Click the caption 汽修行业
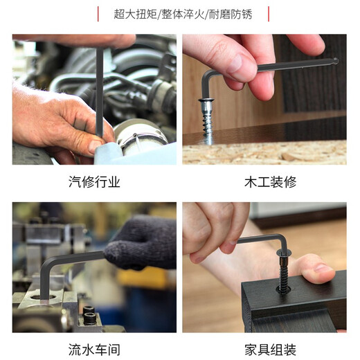tap(94, 182)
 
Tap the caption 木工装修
tap(271, 182)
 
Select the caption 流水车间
tap(94, 350)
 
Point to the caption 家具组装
tap(271, 350)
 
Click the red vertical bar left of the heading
tap(98, 14)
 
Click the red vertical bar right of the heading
tap(269, 14)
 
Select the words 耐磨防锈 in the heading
tap(231, 15)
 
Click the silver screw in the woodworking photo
tap(207, 121)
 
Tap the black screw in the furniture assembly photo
tap(284, 272)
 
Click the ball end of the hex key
tap(335, 61)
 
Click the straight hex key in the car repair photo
tap(100, 92)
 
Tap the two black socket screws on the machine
tap(89, 315)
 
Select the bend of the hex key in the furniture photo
tap(282, 239)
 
